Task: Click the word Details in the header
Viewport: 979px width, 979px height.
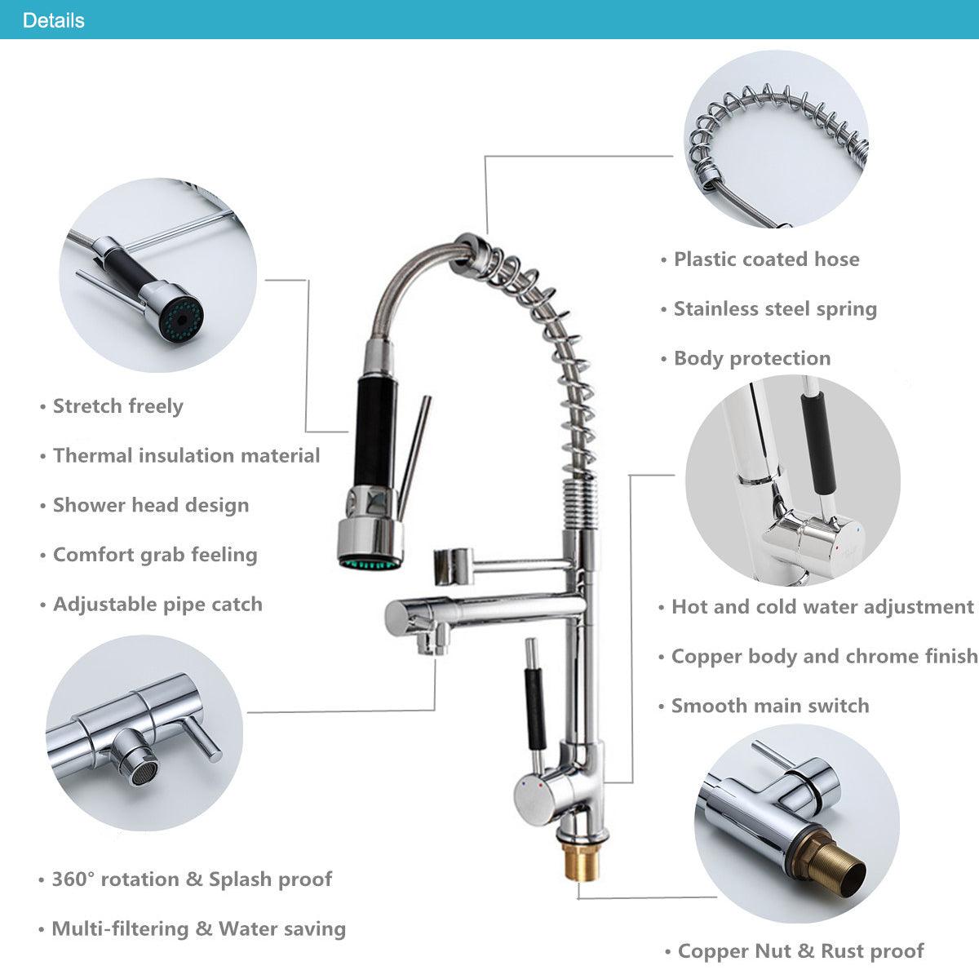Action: click(x=53, y=20)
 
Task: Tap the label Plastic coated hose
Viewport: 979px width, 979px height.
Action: click(x=767, y=259)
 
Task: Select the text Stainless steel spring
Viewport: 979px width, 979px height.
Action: click(x=775, y=309)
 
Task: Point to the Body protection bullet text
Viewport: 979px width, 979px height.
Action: click(x=752, y=358)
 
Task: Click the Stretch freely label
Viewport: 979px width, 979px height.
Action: click(x=117, y=406)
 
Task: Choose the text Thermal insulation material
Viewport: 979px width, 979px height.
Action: click(x=187, y=456)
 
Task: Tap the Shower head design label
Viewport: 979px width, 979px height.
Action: click(x=151, y=506)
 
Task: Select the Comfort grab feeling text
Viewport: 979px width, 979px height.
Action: click(x=155, y=555)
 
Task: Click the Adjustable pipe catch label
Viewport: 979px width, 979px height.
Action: click(x=157, y=605)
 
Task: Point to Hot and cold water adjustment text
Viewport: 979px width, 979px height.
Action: click(x=822, y=607)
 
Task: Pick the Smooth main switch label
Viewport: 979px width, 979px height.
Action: click(x=770, y=706)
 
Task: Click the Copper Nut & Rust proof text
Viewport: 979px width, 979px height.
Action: click(x=800, y=951)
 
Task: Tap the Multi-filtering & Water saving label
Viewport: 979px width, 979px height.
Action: click(x=198, y=928)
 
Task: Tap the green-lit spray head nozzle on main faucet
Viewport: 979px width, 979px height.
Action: click(x=371, y=562)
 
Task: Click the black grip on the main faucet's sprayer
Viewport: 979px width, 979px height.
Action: click(x=375, y=431)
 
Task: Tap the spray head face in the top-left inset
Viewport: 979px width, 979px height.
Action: click(x=181, y=320)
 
